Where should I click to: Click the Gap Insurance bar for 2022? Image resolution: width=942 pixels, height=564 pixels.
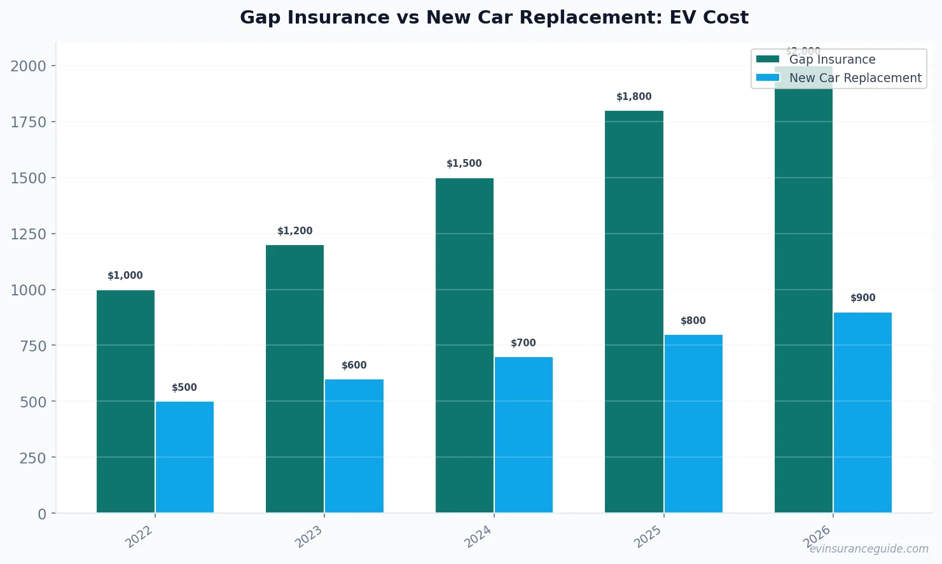click(x=125, y=401)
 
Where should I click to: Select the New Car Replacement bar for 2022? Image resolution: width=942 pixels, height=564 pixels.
click(x=184, y=457)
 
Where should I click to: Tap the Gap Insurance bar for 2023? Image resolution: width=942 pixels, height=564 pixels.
click(x=294, y=379)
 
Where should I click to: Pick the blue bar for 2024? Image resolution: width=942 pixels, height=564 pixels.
click(x=523, y=435)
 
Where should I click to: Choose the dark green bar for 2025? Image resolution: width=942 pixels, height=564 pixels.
click(x=634, y=312)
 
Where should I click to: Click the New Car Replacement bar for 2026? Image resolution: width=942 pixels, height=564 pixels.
click(x=862, y=412)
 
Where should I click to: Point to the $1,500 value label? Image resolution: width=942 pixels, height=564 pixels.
click(x=464, y=164)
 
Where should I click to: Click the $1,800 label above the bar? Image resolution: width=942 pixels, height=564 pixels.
click(x=634, y=97)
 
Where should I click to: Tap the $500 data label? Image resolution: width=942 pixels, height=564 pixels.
click(x=184, y=388)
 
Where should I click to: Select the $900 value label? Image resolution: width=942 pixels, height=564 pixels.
click(x=862, y=298)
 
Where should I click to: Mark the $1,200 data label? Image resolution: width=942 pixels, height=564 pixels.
click(x=294, y=231)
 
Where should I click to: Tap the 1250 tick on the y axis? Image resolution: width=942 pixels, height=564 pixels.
click(x=29, y=234)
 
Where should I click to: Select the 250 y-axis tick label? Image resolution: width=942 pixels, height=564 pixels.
click(x=33, y=458)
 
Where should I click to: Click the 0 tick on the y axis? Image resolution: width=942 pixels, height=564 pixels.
click(x=42, y=514)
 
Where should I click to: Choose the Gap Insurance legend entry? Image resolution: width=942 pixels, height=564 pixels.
click(x=831, y=59)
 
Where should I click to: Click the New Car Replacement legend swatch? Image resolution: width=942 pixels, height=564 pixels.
click(x=767, y=78)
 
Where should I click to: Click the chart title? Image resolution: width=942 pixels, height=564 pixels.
click(x=494, y=17)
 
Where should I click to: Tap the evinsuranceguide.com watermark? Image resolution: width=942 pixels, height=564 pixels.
click(x=868, y=549)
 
